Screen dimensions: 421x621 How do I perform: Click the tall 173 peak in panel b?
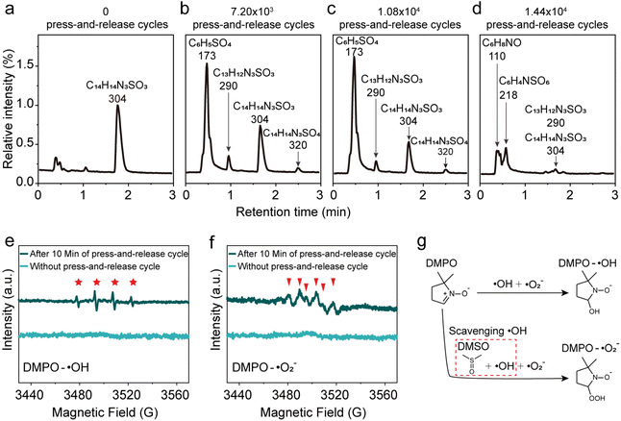tap(208, 65)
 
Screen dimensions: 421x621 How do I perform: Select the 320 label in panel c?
tap(445, 152)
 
